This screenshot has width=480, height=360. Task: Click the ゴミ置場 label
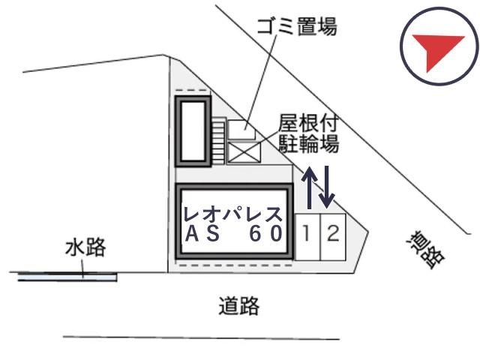click(297, 26)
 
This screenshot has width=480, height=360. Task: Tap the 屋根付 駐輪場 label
click(308, 133)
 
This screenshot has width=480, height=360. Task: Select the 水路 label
click(85, 247)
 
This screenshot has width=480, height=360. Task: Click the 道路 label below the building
click(239, 305)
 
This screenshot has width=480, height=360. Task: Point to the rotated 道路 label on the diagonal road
click(425, 250)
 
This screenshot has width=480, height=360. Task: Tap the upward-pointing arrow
click(309, 187)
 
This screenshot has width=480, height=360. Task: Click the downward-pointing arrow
click(327, 187)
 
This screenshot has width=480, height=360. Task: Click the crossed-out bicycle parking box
click(244, 152)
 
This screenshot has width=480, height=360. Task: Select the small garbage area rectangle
click(241, 130)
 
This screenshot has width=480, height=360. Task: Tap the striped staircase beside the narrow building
click(218, 140)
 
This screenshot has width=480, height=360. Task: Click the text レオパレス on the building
click(233, 214)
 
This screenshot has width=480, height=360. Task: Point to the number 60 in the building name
click(265, 233)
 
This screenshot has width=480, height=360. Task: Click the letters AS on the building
click(202, 233)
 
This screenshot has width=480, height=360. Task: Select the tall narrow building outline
click(193, 131)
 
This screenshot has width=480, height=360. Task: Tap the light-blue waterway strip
click(67, 277)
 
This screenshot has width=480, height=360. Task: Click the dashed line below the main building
click(235, 265)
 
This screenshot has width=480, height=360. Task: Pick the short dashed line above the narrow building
click(192, 90)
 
